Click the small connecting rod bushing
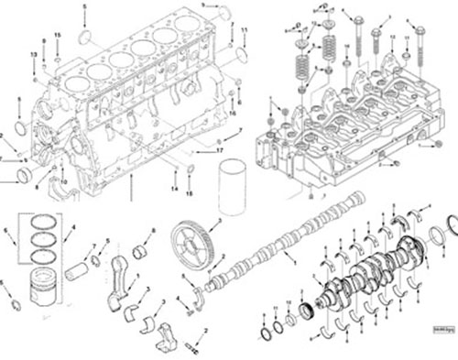tap(142, 250)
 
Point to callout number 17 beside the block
tap(220, 148)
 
